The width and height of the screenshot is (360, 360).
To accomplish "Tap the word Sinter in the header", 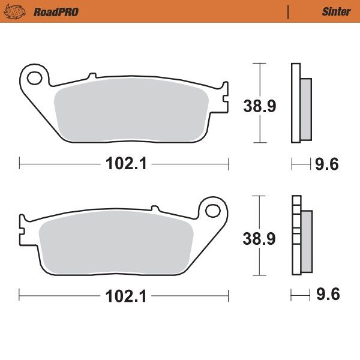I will click(x=336, y=11).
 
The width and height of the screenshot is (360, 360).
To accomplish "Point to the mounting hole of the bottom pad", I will click(x=214, y=211).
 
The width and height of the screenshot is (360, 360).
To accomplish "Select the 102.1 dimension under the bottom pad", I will click(x=125, y=295).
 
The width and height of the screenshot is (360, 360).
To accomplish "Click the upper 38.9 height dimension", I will click(x=259, y=107).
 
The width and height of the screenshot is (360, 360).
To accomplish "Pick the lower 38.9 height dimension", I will click(x=259, y=239).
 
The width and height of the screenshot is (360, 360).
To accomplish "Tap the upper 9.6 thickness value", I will click(x=328, y=163).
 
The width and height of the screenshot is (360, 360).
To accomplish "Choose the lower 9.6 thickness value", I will click(x=328, y=295).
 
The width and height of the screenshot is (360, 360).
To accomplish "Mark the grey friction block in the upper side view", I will click(x=305, y=108).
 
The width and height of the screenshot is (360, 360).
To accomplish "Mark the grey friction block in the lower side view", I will click(x=306, y=240).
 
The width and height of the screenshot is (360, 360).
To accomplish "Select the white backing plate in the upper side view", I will click(x=295, y=103).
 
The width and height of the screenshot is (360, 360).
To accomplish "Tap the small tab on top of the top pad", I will click(x=92, y=76).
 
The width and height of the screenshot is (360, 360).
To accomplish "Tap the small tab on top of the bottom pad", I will click(x=156, y=208).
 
